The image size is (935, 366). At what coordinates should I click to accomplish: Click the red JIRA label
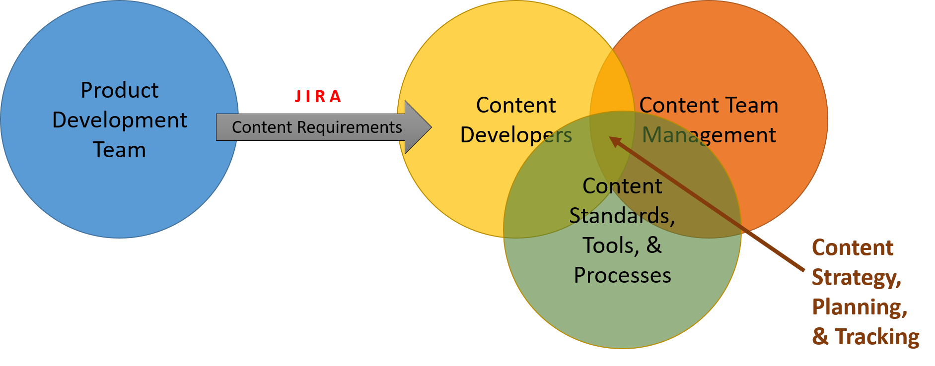coord(318,96)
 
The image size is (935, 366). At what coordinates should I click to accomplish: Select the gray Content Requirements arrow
coord(318,127)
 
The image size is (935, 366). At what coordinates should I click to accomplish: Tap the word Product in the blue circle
coord(120,91)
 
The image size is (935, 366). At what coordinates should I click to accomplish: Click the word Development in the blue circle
coord(120,121)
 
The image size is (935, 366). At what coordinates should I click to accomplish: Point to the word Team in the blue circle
coord(120,150)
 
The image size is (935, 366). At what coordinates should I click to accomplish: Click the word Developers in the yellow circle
coord(516,135)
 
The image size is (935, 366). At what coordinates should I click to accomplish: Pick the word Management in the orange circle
coord(709,135)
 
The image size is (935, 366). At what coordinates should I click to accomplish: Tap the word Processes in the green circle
coord(622,275)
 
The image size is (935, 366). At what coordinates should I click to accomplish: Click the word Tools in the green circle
coord(610,245)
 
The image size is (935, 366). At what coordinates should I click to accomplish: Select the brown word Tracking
coord(877,337)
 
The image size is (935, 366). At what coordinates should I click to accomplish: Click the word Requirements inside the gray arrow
coord(349,127)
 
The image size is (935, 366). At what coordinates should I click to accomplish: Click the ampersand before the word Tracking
coord(820,337)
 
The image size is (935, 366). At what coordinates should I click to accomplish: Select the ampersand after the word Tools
coord(654,245)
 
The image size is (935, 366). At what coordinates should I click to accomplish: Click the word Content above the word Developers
coord(516,106)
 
